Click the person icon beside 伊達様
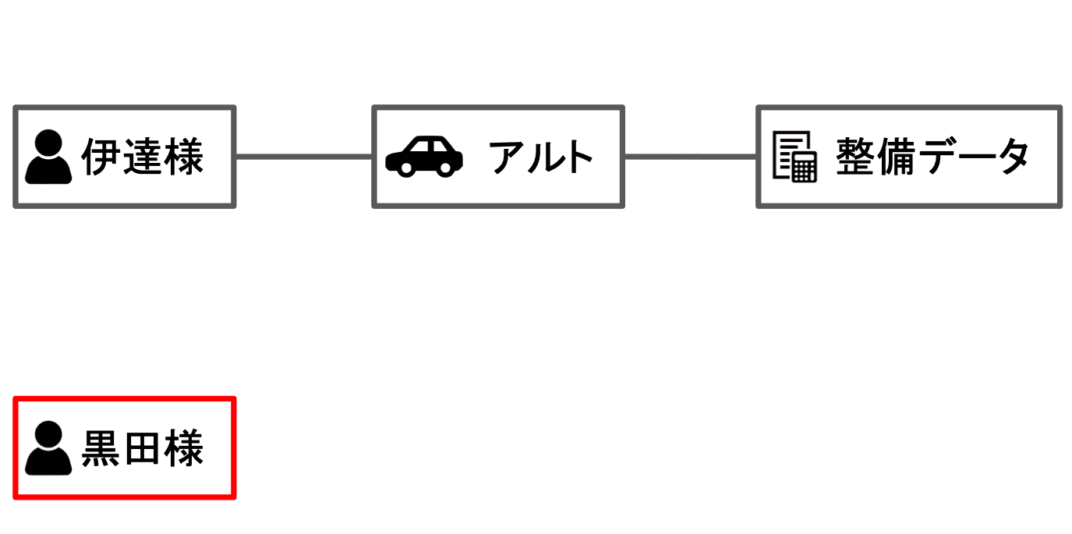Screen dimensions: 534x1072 click(x=48, y=157)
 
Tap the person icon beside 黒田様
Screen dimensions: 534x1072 click(x=48, y=448)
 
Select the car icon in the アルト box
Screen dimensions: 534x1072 click(x=424, y=157)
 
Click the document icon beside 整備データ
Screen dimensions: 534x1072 click(x=794, y=157)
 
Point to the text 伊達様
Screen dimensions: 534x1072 click(x=143, y=157)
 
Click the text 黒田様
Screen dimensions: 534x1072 click(x=143, y=448)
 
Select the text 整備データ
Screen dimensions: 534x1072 click(x=932, y=157)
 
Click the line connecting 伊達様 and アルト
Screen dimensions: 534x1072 click(x=303, y=157)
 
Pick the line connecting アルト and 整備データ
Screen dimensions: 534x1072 click(x=690, y=157)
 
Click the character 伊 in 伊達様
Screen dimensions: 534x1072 click(x=101, y=157)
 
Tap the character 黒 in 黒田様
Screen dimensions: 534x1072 click(x=101, y=448)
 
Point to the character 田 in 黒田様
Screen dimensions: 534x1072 click(x=143, y=448)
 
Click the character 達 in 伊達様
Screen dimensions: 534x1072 click(x=143, y=157)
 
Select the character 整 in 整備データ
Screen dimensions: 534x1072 click(x=855, y=157)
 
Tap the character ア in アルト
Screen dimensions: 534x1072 click(x=508, y=157)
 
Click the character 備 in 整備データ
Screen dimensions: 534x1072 click(x=896, y=157)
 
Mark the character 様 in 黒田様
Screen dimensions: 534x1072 click(x=184, y=448)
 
